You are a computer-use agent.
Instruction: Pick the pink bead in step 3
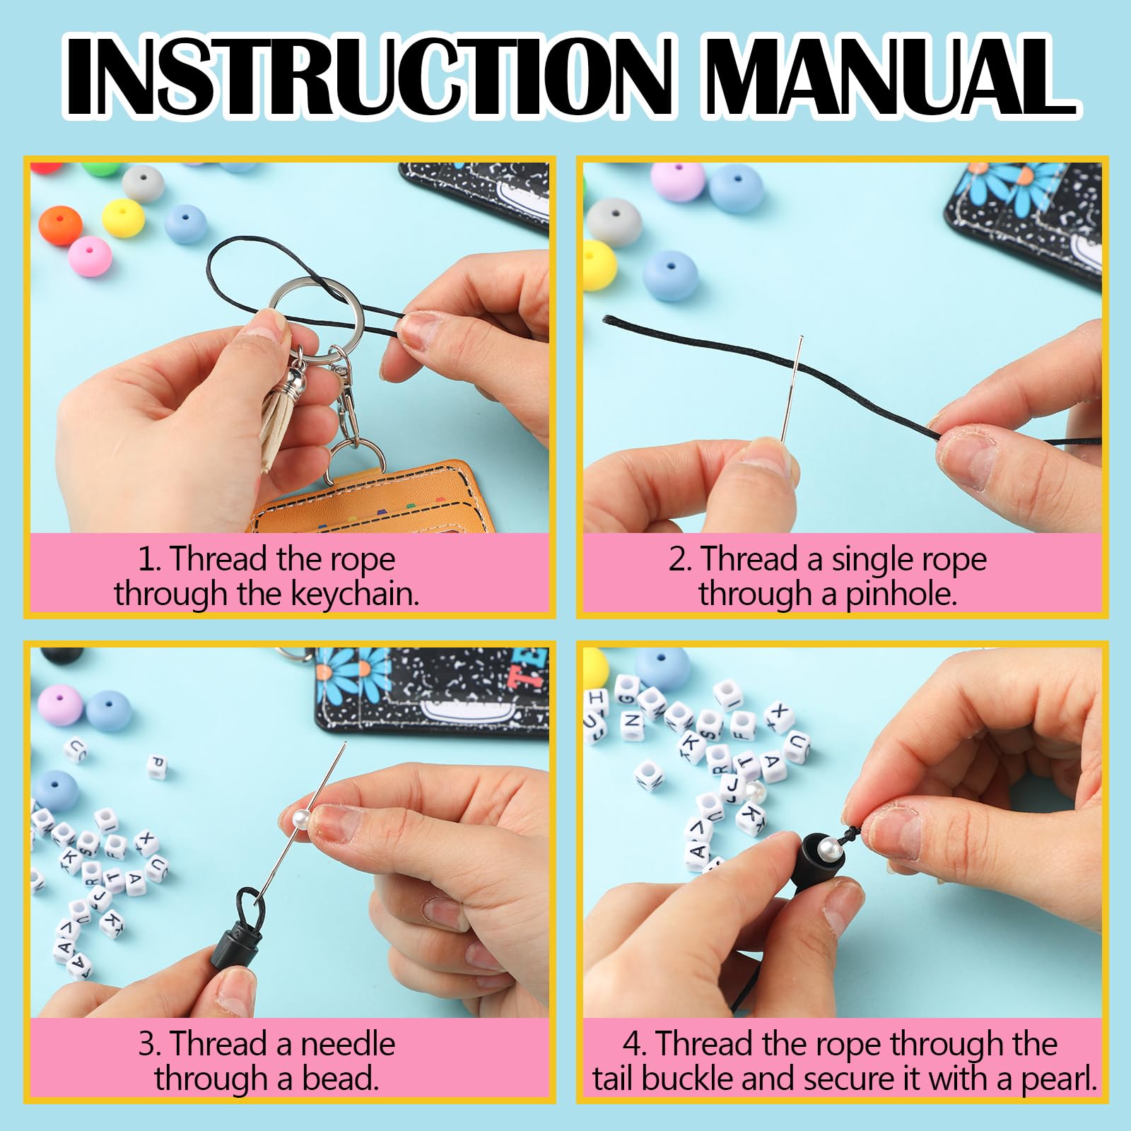tap(59, 704)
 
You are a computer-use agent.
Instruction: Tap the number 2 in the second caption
tap(679, 560)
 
